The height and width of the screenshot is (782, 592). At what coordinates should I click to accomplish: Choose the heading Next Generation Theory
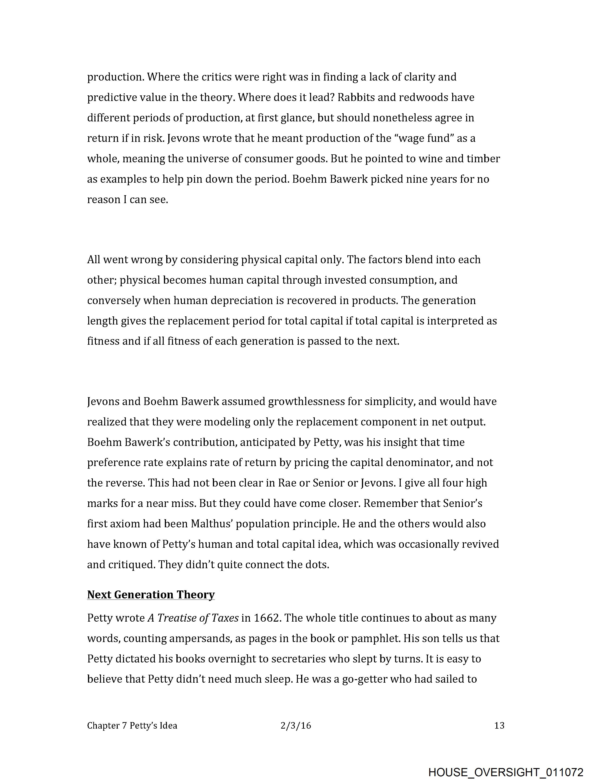click(151, 595)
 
